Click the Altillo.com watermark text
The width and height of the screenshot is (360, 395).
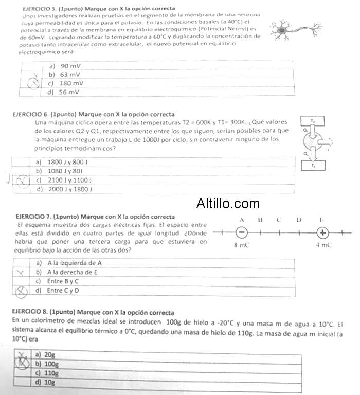[228, 204]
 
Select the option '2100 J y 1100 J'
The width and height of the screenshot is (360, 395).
[66, 180]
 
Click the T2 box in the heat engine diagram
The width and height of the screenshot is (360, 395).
[313, 121]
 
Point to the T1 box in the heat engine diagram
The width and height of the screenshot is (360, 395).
[313, 166]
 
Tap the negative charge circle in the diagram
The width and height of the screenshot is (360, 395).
[242, 232]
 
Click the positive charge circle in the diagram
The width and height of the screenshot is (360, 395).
[322, 232]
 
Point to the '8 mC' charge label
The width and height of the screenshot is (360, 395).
[242, 245]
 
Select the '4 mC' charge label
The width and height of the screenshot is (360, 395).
[323, 245]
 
